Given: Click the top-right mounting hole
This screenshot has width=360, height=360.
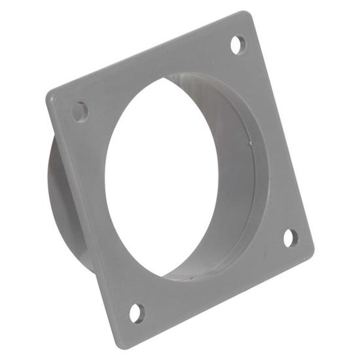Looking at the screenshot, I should click(239, 45).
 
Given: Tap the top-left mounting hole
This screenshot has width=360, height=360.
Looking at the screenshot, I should click(80, 111).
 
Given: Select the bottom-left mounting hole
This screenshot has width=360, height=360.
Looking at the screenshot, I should click(136, 313).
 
